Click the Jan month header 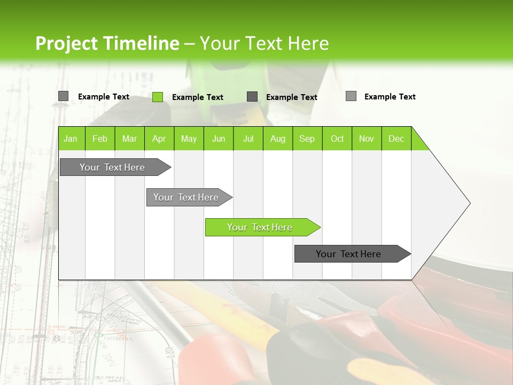[x=71, y=138]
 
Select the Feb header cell [x=100, y=138]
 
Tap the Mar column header [x=129, y=138]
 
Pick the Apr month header [x=159, y=138]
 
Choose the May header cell [x=189, y=138]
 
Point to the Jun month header [x=219, y=138]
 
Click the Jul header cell [x=248, y=138]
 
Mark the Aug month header [x=278, y=138]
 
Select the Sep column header [x=307, y=138]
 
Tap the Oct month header [x=337, y=138]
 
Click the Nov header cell [x=367, y=138]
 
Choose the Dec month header [x=397, y=138]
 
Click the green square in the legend [x=158, y=97]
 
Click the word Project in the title [x=67, y=43]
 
